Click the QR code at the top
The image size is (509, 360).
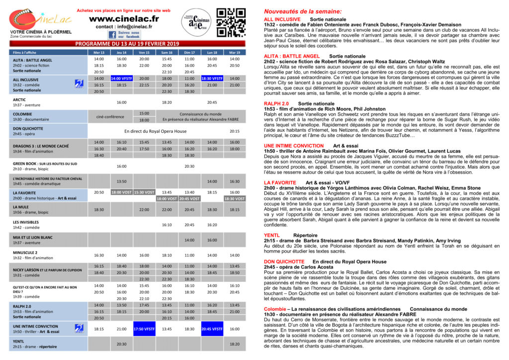[227, 22]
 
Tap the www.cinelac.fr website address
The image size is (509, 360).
[124, 18]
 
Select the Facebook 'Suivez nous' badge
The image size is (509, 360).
[124, 35]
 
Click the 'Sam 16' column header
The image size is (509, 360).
[167, 52]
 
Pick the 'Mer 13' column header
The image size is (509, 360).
[99, 52]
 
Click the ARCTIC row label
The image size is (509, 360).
[19, 99]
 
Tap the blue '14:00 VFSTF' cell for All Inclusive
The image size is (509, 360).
[122, 78]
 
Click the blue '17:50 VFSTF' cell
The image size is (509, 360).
[144, 329]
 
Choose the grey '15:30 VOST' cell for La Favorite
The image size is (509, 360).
[144, 192]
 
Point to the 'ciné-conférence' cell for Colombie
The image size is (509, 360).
[110, 116]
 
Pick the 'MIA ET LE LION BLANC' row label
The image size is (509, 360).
[33, 237]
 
